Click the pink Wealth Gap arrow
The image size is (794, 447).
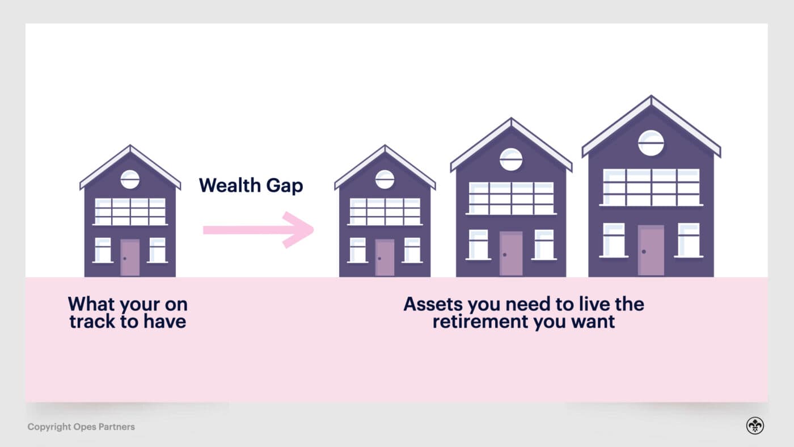[x=258, y=229]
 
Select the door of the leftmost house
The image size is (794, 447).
[x=130, y=258]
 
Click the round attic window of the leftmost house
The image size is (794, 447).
[x=130, y=179]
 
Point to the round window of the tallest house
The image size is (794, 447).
[x=651, y=142]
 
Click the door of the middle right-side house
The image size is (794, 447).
[x=511, y=254]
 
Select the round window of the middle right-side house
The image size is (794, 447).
[x=511, y=159]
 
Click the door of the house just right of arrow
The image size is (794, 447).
[x=385, y=258]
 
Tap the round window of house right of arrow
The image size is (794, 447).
[x=385, y=179]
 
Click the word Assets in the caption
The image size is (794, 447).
[x=432, y=304]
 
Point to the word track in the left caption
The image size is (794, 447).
[x=91, y=322]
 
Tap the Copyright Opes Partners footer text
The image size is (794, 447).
[x=81, y=427]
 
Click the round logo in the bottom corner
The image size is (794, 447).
[x=755, y=426]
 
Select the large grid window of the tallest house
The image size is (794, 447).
[x=651, y=187]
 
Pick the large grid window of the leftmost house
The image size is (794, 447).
[x=130, y=212]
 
